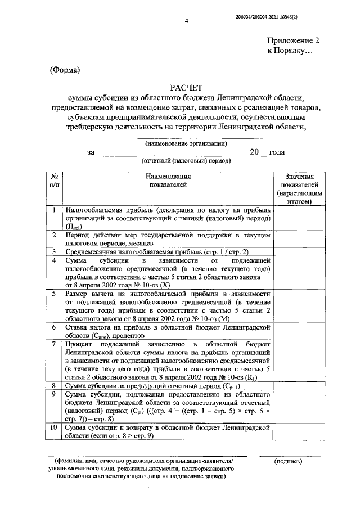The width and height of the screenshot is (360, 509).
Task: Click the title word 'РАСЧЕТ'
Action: coord(185,88)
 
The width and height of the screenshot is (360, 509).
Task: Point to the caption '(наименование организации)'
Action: coord(186,143)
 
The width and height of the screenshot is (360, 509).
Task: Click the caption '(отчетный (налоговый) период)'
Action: coord(186,161)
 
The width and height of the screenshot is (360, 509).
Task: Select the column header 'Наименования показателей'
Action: coord(167,180)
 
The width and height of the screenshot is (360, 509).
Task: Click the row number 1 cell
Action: coord(53,210)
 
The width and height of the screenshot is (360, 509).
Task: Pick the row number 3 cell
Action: coord(53,251)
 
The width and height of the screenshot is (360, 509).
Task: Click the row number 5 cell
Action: coord(53,294)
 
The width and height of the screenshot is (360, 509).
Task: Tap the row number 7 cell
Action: coord(53,344)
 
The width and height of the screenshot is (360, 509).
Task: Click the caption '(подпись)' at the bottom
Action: coord(289,462)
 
